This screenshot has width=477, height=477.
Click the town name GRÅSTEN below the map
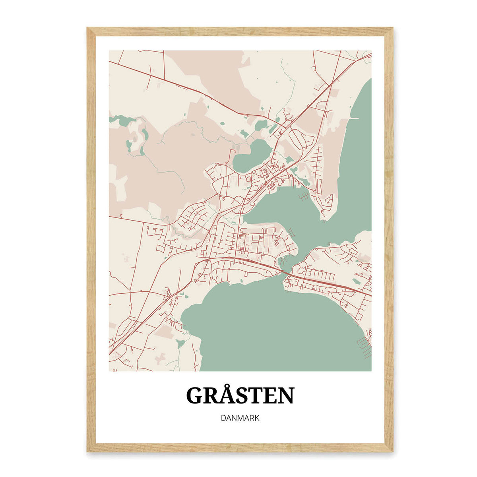click(x=240, y=396)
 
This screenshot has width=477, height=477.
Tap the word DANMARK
click(x=240, y=418)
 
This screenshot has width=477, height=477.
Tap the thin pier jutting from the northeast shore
click(x=353, y=118)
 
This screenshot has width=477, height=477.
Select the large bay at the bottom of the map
click(x=274, y=326)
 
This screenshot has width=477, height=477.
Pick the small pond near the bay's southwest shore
click(x=181, y=343)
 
